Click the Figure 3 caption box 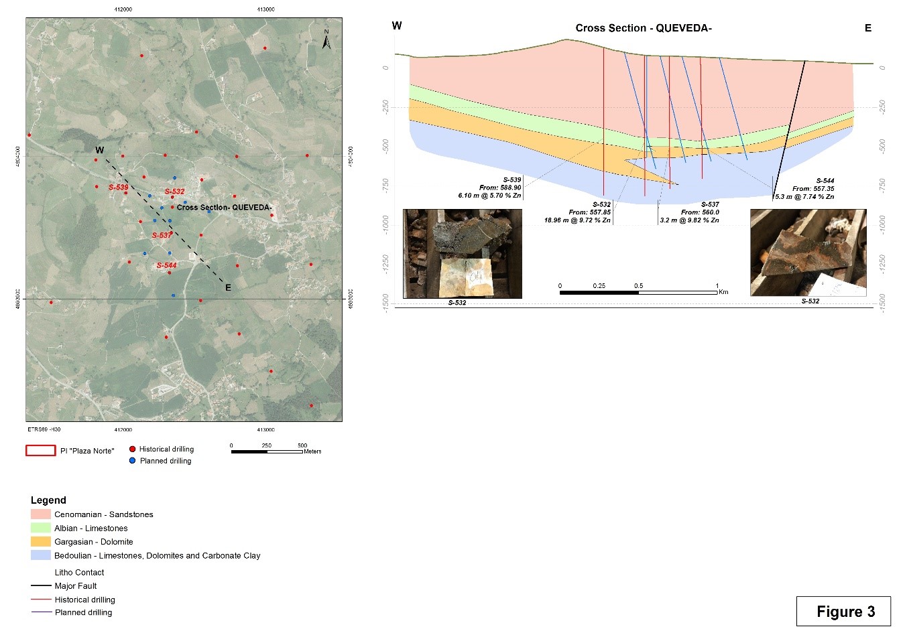coord(843,611)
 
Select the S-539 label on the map coord(118,188)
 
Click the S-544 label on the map coord(166,265)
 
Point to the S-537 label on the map coord(162,235)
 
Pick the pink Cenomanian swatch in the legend coord(41,514)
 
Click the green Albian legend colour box coord(41,528)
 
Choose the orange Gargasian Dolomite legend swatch coord(41,541)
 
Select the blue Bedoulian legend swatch coord(41,555)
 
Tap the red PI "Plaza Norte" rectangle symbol coord(40,451)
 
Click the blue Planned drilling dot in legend coord(132,461)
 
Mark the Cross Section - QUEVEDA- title coord(644,28)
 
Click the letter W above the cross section coord(397,26)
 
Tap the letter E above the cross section coord(868,28)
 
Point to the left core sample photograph coord(462,253)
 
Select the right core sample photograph coord(808,253)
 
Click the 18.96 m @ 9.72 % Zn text coord(577,220)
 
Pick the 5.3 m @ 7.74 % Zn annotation coord(804,197)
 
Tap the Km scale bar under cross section coord(638,292)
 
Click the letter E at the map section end coord(228,287)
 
